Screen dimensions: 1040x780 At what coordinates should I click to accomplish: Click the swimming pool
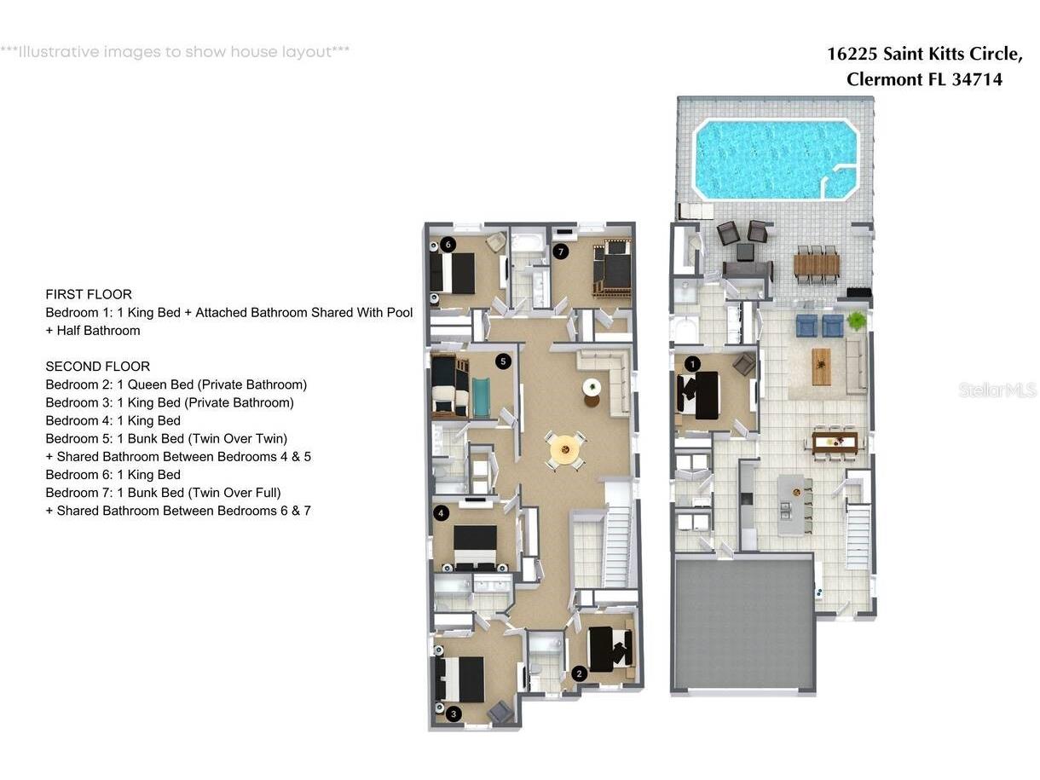(x=775, y=159)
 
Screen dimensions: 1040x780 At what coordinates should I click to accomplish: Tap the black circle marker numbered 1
(x=692, y=364)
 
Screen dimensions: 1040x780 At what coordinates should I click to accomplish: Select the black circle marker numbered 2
(x=579, y=673)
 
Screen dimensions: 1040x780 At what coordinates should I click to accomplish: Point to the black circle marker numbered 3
(x=454, y=714)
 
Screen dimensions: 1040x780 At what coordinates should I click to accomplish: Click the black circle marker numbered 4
(x=441, y=513)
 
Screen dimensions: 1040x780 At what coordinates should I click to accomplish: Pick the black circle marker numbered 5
(x=503, y=361)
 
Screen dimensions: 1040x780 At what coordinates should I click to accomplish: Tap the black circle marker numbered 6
(x=448, y=245)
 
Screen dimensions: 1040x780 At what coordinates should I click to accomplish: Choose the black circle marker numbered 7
(x=561, y=251)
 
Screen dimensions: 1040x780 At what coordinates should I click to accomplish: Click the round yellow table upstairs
(x=565, y=449)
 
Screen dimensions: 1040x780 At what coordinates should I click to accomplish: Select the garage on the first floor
(x=743, y=625)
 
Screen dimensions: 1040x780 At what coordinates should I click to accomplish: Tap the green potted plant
(x=857, y=321)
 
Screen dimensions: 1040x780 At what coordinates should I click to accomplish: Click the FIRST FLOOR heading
(x=89, y=295)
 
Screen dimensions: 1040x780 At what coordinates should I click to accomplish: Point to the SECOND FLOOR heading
(x=97, y=367)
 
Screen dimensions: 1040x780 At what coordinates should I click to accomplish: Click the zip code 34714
(x=977, y=79)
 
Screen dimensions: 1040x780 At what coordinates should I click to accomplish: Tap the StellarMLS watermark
(x=997, y=390)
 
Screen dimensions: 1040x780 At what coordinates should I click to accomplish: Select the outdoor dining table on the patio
(x=817, y=265)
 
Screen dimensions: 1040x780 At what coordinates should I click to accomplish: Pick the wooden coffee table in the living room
(x=821, y=367)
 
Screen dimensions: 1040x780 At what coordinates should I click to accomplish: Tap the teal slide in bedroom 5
(x=481, y=397)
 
